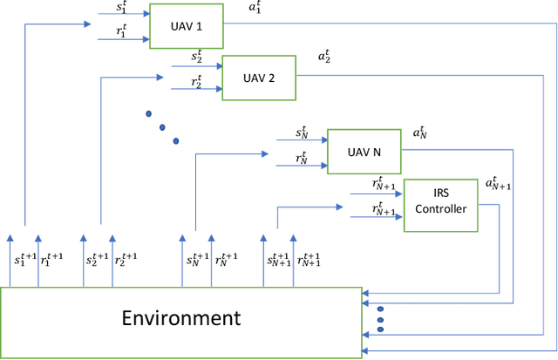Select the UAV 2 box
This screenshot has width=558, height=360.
259,78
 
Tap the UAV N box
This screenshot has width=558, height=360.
363,150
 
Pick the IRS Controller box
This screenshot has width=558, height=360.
440,201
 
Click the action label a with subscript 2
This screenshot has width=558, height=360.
324,57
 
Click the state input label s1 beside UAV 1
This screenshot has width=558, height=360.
122,6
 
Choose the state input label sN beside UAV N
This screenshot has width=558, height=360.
302,132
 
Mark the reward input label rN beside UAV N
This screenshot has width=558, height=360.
302,157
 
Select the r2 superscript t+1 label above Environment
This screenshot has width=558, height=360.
126,260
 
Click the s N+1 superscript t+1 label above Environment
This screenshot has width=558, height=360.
281,260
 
